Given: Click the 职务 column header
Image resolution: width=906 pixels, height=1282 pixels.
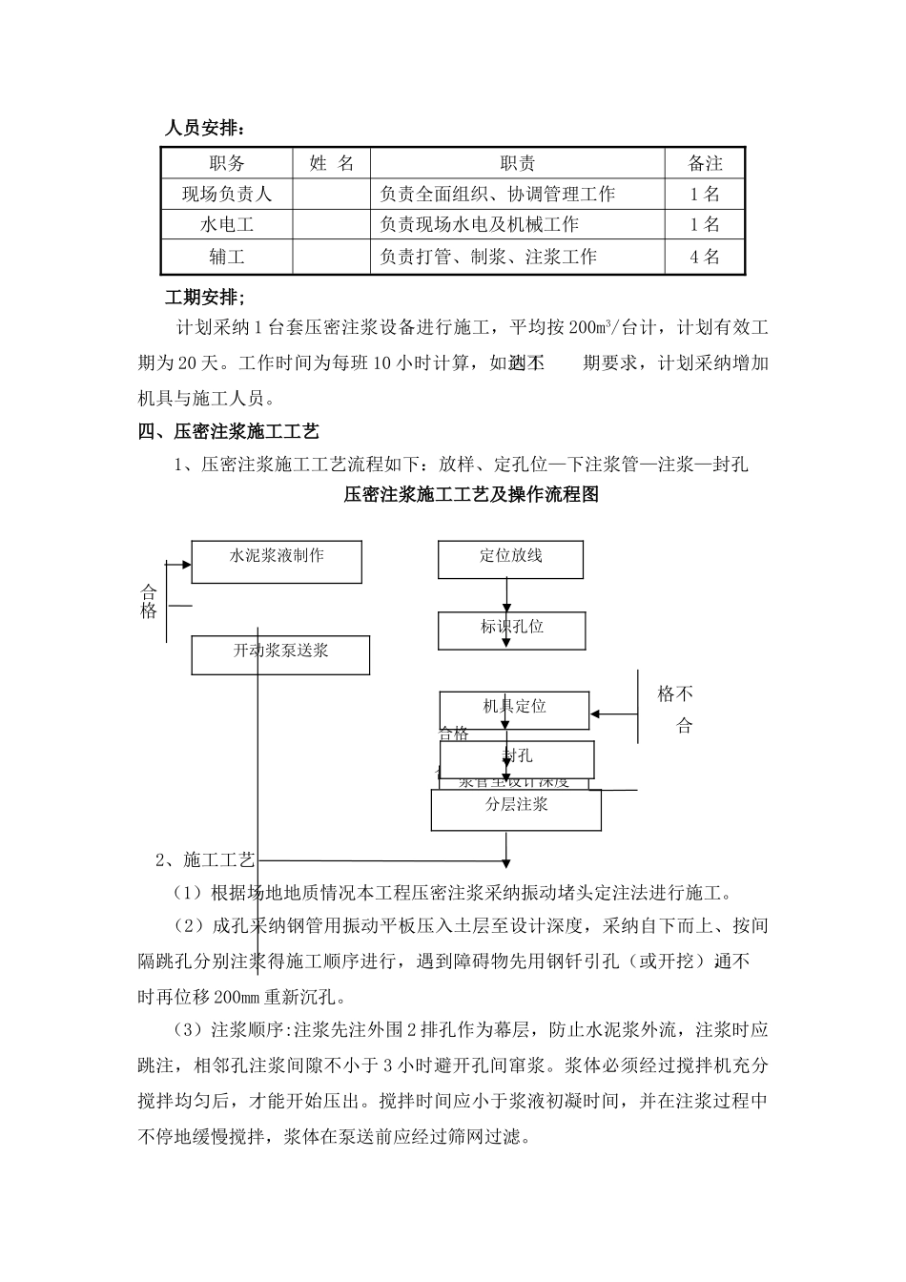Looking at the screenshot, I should [227, 163].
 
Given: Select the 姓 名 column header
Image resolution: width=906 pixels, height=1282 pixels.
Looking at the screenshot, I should [331, 163].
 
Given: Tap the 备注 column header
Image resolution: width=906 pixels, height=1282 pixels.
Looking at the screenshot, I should [705, 163].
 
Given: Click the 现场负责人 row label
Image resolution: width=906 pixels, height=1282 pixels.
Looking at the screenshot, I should [227, 195].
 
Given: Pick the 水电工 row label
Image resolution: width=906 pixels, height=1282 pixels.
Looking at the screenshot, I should [227, 225].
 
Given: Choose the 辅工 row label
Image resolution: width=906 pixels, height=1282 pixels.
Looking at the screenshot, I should [227, 257].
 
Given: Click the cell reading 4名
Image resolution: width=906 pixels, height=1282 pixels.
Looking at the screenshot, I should [705, 257].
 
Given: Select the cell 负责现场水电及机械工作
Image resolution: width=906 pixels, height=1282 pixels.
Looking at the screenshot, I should [479, 225].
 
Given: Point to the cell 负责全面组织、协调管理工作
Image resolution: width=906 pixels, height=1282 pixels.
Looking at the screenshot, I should [497, 195].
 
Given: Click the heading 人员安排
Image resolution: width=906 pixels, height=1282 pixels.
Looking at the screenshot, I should [204, 128].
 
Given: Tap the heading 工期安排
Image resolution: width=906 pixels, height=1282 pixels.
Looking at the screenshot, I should [204, 299].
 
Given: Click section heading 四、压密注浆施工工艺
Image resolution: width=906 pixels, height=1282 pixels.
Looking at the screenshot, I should [228, 432].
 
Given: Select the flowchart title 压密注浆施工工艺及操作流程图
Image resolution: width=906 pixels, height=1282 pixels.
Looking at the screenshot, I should [471, 495].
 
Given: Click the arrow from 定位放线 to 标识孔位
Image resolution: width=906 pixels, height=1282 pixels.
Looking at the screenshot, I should [507, 595].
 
